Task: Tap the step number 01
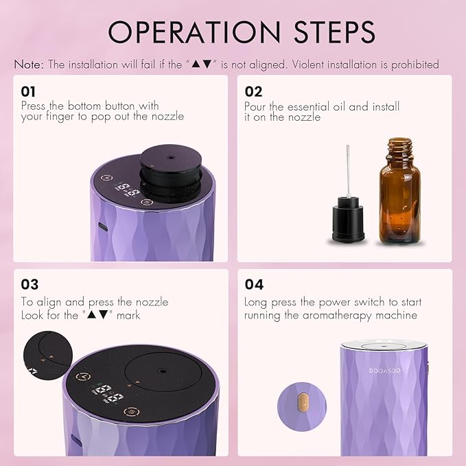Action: click(x=28, y=91)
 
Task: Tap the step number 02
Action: click(x=253, y=91)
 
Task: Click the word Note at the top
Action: click(x=28, y=65)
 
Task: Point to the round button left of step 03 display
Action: click(x=83, y=376)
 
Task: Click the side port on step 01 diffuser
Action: click(x=102, y=226)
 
